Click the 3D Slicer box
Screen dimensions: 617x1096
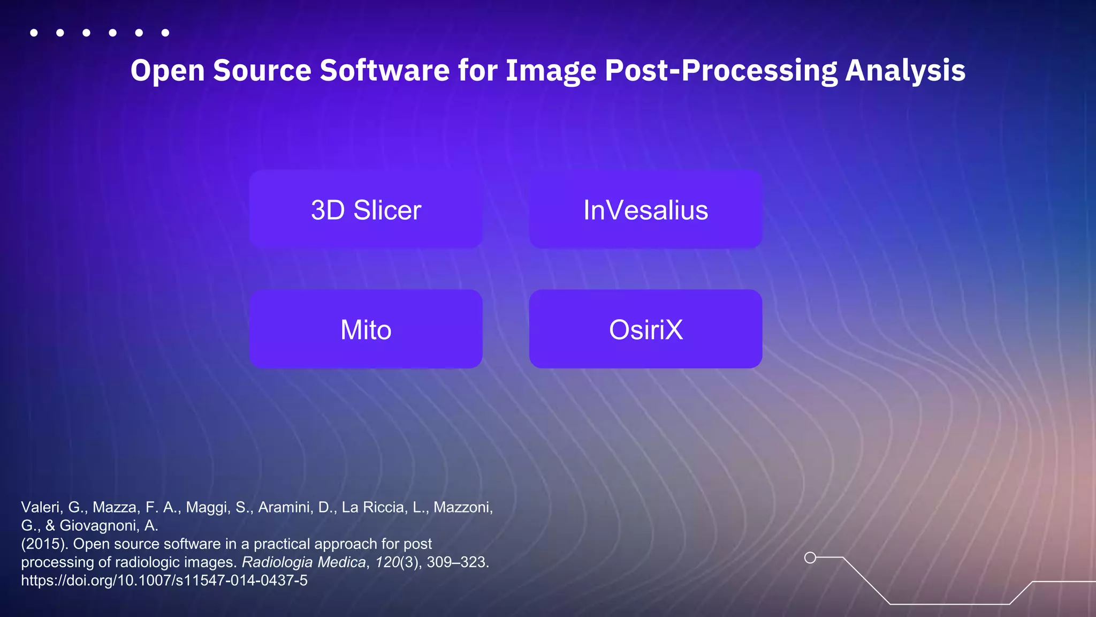pos(366,209)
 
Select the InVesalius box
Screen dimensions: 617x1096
pos(645,209)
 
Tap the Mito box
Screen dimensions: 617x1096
pos(366,329)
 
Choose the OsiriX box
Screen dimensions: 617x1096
pos(645,329)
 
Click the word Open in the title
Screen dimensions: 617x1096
pos(168,71)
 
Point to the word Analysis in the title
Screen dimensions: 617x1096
pos(905,71)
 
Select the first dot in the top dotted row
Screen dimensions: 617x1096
pos(34,33)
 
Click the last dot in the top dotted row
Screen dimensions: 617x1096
pos(165,33)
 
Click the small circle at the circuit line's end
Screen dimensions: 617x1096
pos(810,558)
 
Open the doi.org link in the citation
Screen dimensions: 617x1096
pos(164,581)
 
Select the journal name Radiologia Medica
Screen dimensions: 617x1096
pos(303,562)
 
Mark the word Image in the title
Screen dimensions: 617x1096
pos(551,71)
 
